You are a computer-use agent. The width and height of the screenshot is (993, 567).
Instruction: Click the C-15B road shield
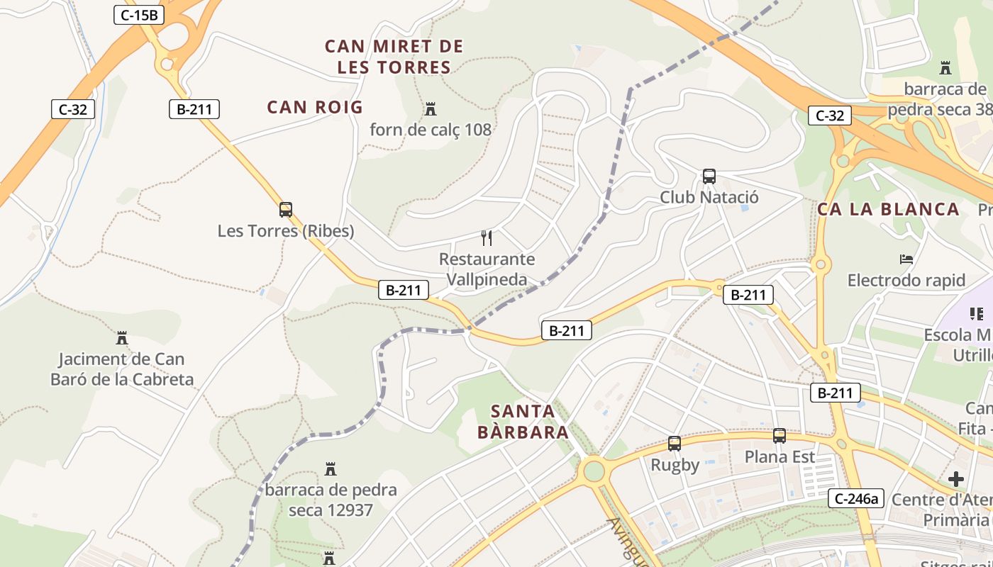(x=139, y=14)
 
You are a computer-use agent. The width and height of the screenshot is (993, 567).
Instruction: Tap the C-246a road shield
(x=856, y=498)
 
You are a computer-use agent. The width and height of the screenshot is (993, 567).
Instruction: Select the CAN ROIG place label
(x=315, y=108)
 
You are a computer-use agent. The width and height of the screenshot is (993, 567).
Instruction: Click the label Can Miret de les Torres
(x=394, y=57)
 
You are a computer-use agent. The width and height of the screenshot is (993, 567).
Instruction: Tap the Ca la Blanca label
(x=888, y=209)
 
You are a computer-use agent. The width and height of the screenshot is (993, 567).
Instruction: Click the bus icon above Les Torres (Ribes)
(x=286, y=210)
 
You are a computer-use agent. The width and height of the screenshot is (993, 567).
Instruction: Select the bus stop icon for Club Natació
(x=709, y=176)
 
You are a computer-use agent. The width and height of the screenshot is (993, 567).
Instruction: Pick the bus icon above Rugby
(x=674, y=444)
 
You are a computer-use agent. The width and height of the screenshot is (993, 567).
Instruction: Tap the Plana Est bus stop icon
(x=780, y=436)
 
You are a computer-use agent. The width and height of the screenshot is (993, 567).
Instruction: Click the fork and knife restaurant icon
(x=486, y=237)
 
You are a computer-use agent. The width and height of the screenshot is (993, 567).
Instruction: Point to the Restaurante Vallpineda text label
(x=487, y=269)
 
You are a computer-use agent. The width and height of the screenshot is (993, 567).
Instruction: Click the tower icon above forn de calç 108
(x=430, y=109)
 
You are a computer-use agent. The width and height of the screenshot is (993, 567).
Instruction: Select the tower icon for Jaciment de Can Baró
(x=122, y=338)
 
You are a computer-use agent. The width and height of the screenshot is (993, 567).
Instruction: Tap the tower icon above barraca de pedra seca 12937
(x=330, y=468)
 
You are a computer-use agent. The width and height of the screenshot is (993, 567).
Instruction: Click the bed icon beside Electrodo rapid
(x=906, y=259)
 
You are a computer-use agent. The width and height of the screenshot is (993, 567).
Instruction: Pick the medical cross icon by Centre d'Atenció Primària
(x=956, y=479)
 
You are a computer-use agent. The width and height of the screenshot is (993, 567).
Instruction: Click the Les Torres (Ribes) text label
(x=286, y=231)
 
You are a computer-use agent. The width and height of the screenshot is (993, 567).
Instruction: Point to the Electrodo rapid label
(x=906, y=281)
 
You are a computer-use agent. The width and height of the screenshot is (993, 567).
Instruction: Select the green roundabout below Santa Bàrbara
(x=593, y=470)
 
